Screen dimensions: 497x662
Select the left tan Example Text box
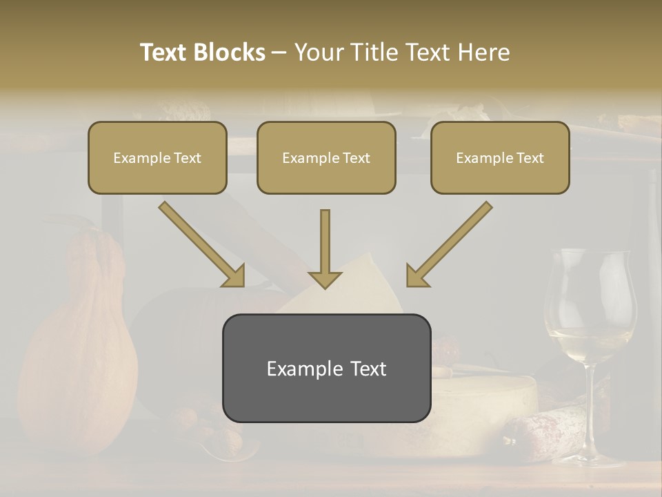pyautogui.click(x=157, y=157)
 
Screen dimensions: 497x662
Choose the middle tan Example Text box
pyautogui.click(x=326, y=157)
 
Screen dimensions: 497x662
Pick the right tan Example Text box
pyautogui.click(x=500, y=157)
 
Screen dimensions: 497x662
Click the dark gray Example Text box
pyautogui.click(x=326, y=368)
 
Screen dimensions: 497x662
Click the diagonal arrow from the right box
pyautogui.click(x=449, y=244)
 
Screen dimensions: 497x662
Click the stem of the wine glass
pyautogui.click(x=590, y=407)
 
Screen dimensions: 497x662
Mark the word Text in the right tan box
pyautogui.click(x=529, y=157)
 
